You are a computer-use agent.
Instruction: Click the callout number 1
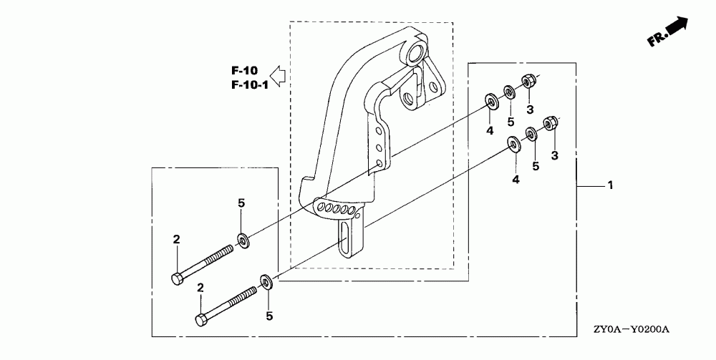point(610,185)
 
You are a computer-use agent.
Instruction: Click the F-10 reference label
point(244,71)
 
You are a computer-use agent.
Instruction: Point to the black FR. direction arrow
point(675,27)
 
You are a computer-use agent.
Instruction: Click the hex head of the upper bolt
point(176,276)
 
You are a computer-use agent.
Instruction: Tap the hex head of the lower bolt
point(202,318)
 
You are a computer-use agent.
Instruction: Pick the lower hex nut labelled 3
point(551,124)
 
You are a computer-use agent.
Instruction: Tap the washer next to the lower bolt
point(267,280)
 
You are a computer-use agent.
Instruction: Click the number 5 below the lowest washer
point(270,315)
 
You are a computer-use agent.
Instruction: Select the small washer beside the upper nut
point(509,92)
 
